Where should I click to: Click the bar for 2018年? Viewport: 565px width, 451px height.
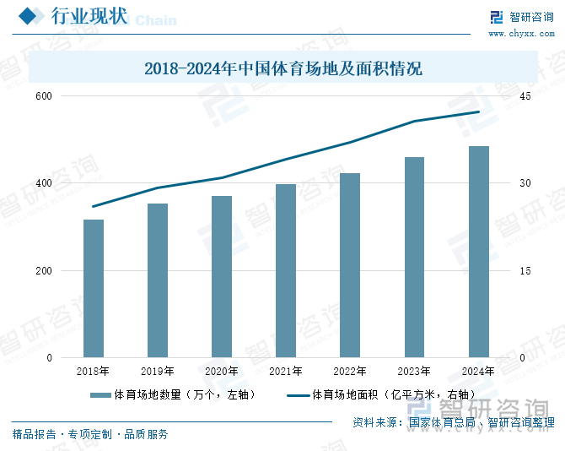[x=94, y=288]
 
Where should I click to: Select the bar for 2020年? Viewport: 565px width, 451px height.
[x=222, y=276]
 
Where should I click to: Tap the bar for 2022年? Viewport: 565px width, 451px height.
[x=350, y=265]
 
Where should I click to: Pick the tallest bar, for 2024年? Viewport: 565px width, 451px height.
[x=478, y=252]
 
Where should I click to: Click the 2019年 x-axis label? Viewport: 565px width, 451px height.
[x=158, y=371]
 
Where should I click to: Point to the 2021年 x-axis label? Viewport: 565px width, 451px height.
[x=286, y=371]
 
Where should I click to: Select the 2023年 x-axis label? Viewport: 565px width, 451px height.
[x=414, y=371]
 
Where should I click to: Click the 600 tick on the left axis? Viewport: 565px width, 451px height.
[x=44, y=96]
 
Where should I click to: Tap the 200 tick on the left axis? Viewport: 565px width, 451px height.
[x=44, y=271]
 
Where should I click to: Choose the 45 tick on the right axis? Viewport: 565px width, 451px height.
[x=525, y=96]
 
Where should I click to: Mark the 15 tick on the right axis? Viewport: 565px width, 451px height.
[x=525, y=271]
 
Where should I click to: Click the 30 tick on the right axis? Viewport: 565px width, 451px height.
[x=525, y=183]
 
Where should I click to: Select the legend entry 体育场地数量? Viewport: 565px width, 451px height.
[x=177, y=394]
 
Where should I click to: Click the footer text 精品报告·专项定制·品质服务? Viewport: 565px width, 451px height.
[x=90, y=434]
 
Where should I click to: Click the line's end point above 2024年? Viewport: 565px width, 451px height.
[x=478, y=111]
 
